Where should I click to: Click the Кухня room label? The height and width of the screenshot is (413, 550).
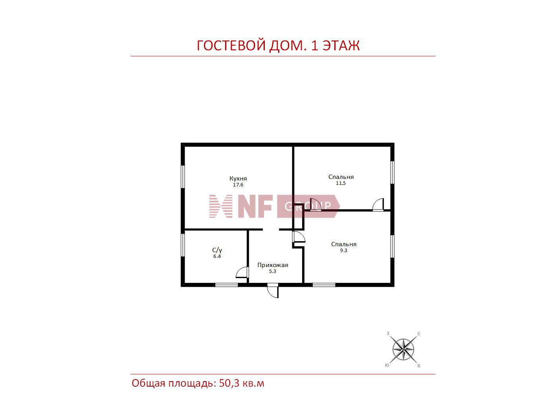(x=238, y=179)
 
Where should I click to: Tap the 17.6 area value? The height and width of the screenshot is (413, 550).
(x=238, y=185)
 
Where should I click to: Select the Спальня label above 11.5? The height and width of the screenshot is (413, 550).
(x=341, y=177)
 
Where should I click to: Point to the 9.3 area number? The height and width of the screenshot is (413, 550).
(x=343, y=251)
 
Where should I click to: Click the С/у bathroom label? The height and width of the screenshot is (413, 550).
(x=217, y=250)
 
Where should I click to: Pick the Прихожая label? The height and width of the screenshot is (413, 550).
(x=273, y=265)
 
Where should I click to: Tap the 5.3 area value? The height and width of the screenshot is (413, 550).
(x=272, y=271)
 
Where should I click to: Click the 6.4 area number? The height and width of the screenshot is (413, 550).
(x=217, y=256)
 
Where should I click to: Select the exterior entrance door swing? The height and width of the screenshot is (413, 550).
(x=273, y=291)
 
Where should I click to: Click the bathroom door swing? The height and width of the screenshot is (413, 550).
(x=242, y=273)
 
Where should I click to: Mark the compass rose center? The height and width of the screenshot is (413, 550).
(x=403, y=349)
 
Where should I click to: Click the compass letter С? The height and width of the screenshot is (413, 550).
(x=419, y=334)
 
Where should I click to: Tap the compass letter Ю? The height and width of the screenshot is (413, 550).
(x=387, y=365)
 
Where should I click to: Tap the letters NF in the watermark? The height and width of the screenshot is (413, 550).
(x=255, y=206)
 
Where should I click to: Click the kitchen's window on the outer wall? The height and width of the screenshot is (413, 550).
(x=183, y=177)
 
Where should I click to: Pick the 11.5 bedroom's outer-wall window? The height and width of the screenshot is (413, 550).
(x=392, y=173)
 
